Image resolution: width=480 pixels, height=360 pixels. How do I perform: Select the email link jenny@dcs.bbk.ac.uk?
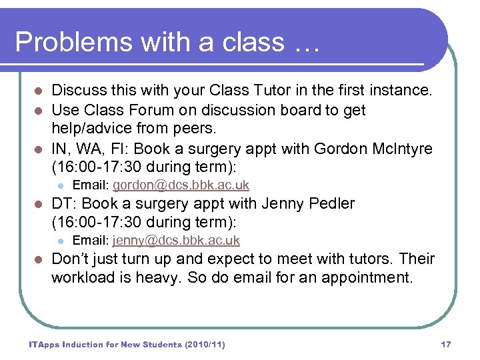pyautogui.click(x=176, y=240)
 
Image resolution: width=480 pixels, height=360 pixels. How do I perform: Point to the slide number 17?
pyautogui.click(x=446, y=345)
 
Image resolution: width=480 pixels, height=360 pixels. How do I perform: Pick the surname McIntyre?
pyautogui.click(x=394, y=147)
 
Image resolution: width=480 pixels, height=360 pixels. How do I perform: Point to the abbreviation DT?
pyautogui.click(x=61, y=203)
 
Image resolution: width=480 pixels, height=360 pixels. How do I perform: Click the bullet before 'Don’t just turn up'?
pyautogui.click(x=39, y=259)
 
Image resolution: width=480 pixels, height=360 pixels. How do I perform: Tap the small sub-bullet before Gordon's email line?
pyautogui.click(x=59, y=185)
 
